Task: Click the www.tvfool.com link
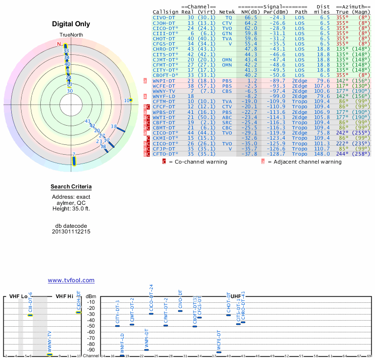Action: click(71, 280)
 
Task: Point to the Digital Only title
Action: click(71, 24)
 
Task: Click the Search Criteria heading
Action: click(71, 187)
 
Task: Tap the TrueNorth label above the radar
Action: click(71, 36)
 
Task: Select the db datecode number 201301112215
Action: click(71, 232)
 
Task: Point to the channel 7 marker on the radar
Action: click(74, 161)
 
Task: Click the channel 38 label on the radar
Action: click(113, 127)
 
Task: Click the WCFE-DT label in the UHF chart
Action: click(219, 340)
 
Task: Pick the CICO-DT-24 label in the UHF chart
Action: click(151, 299)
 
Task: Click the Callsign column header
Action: click(165, 12)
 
